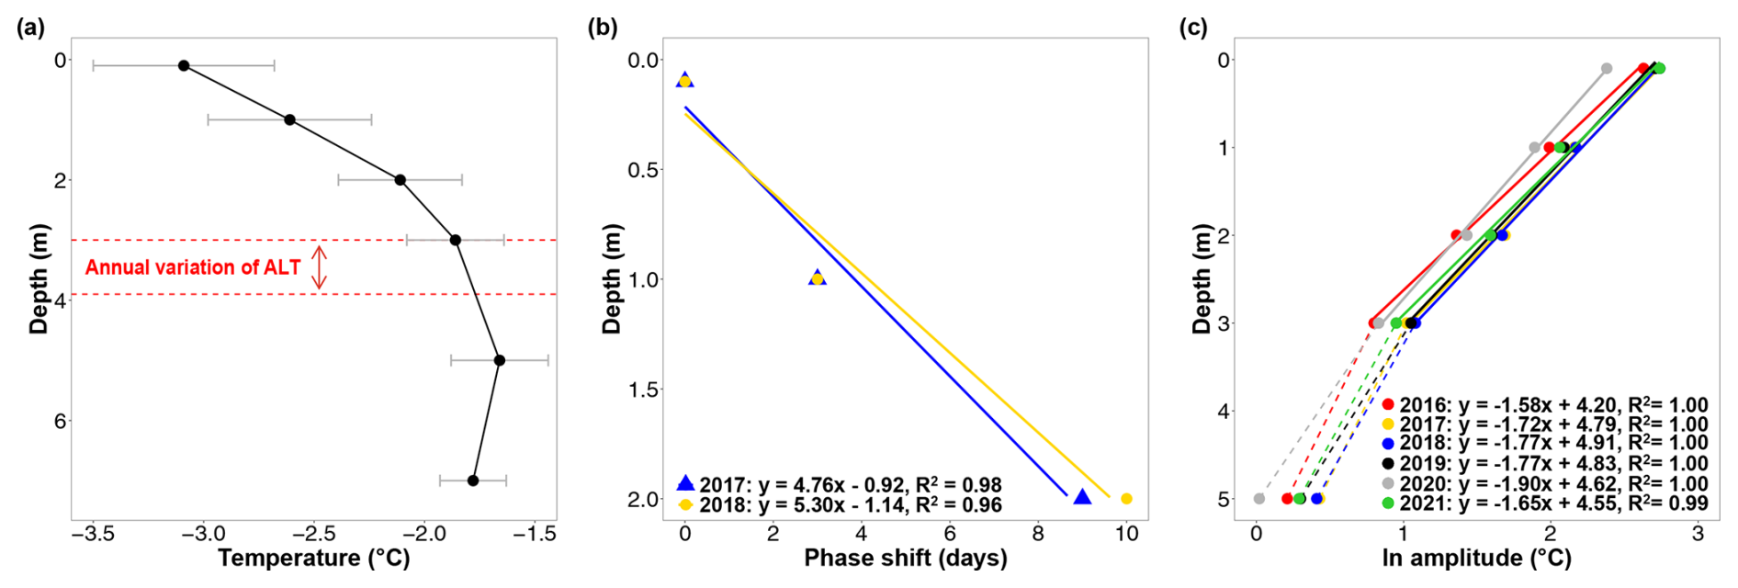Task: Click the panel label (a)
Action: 30,28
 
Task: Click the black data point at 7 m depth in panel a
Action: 473,481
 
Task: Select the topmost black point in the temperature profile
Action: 184,66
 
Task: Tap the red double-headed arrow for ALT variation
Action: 319,267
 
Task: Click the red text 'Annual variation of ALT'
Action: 193,267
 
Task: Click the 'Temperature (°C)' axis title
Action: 314,558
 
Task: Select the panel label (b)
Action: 603,28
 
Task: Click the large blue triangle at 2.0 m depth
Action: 1082,497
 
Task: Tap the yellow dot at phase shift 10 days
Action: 1126,499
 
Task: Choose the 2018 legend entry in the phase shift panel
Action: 840,504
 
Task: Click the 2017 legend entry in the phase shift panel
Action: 840,484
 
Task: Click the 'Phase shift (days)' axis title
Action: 905,558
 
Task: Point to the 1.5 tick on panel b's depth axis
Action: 644,390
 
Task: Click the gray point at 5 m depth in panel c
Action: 1259,499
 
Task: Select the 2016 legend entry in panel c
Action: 1544,405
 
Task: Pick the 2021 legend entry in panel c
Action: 1544,503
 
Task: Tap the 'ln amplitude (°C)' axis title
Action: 1476,558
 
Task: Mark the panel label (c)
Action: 1193,28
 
